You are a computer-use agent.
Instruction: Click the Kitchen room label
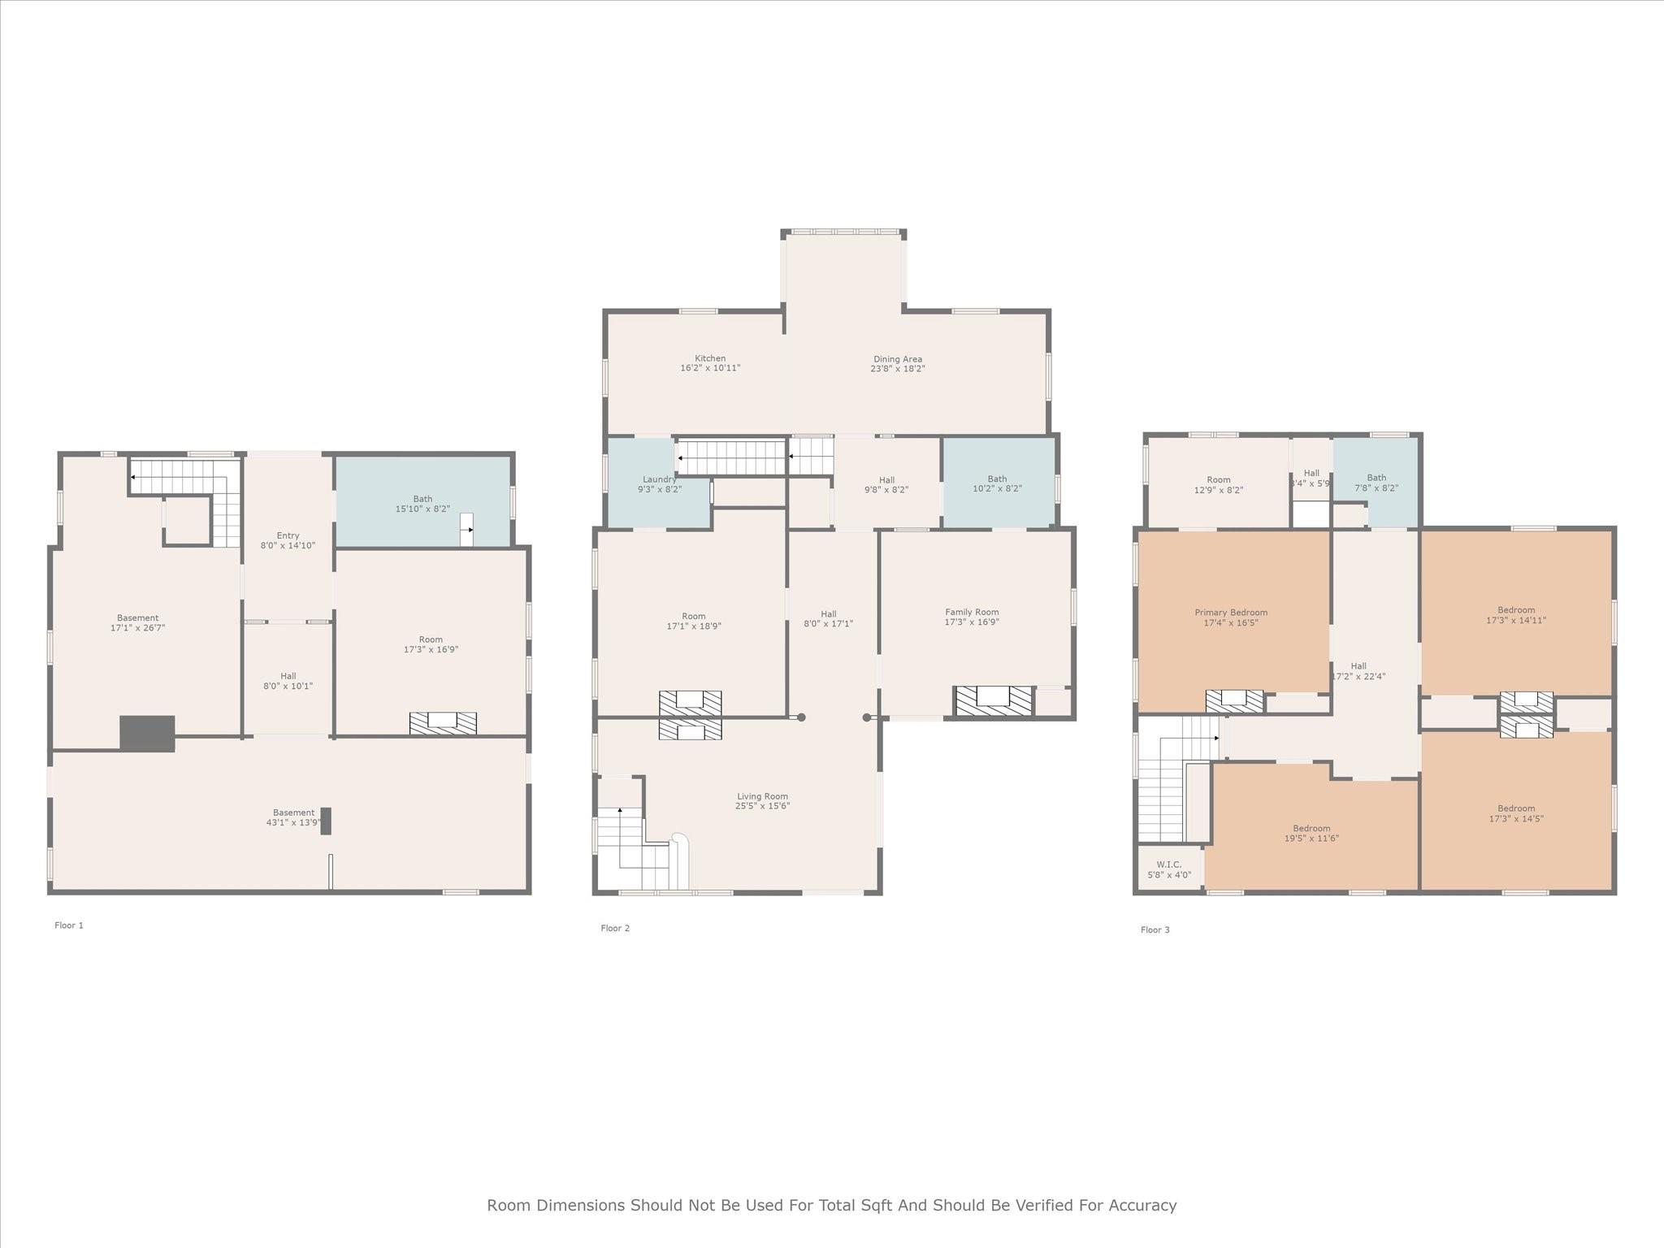point(710,358)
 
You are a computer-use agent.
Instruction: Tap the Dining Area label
point(898,359)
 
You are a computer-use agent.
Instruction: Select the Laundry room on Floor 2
point(659,483)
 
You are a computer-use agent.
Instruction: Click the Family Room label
point(972,612)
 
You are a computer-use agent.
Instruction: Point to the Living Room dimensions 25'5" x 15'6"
point(763,806)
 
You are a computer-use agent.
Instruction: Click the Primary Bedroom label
point(1231,613)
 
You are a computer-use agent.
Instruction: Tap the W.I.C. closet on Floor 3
point(1169,869)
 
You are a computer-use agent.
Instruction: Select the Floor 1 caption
point(69,925)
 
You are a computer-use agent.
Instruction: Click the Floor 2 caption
point(615,929)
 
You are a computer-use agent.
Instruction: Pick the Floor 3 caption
point(1155,930)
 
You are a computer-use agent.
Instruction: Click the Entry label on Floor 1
point(288,535)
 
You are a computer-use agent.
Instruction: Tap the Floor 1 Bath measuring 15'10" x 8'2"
point(422,500)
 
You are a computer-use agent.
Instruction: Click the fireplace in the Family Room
point(994,701)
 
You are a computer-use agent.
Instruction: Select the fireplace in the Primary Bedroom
point(1234,701)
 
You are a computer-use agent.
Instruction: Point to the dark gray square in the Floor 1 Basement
point(147,734)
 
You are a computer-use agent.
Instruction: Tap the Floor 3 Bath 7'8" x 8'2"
point(1376,483)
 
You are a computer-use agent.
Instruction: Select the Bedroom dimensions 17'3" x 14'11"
point(1516,620)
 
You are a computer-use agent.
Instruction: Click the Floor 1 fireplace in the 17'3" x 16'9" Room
point(443,723)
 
